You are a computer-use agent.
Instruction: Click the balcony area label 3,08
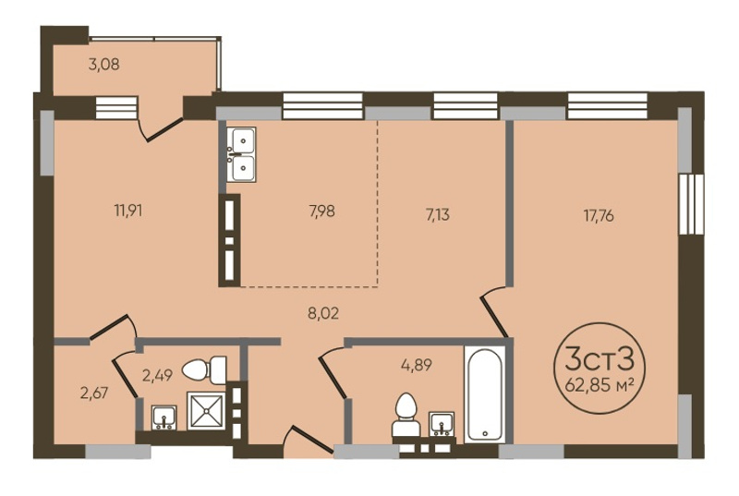[103, 64]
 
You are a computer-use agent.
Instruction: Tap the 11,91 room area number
[128, 210]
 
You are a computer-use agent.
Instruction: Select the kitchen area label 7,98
[321, 211]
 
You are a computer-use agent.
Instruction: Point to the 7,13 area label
[437, 215]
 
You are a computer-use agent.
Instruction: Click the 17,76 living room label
[599, 216]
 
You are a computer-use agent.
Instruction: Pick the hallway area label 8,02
[323, 313]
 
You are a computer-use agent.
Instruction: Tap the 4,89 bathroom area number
[417, 365]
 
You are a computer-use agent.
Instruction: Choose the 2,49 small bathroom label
[157, 375]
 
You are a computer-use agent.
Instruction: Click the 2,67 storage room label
[94, 393]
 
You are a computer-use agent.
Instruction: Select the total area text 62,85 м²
[599, 386]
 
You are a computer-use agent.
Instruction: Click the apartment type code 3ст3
[599, 361]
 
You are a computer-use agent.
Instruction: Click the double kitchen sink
[241, 154]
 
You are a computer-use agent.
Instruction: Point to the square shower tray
[206, 411]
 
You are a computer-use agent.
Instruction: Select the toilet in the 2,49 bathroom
[204, 369]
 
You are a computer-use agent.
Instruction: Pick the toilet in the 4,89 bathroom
[406, 415]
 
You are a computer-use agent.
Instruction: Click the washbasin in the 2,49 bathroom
[164, 417]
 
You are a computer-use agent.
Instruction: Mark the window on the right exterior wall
[691, 203]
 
